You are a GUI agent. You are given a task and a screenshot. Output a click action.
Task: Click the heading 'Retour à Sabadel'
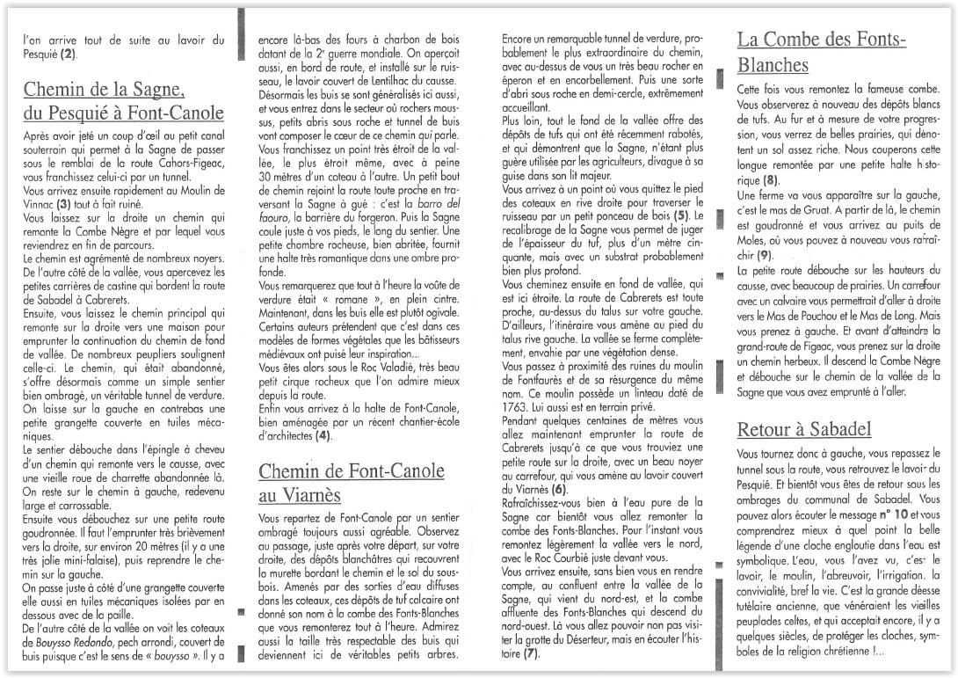tap(804, 429)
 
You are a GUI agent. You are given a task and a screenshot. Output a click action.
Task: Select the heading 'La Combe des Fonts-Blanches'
tap(821, 52)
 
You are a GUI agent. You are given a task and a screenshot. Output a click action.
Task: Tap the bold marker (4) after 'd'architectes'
tap(323, 434)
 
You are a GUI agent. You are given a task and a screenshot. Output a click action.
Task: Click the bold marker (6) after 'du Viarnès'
tap(558, 488)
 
